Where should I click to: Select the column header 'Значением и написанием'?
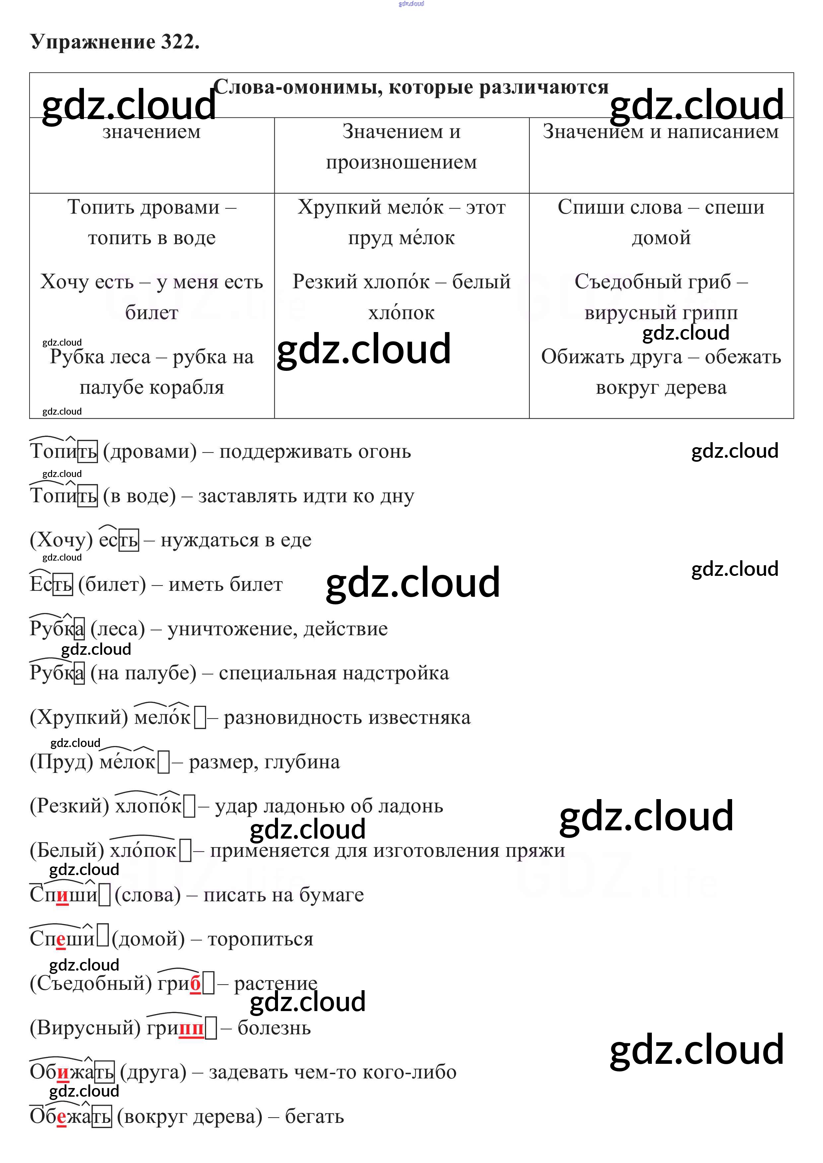pos(661,132)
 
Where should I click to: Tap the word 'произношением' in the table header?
pos(401,162)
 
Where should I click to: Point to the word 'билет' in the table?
pos(152,313)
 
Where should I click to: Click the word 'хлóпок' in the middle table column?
pos(401,313)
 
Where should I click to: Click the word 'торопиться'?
pos(260,939)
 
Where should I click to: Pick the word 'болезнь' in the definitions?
pos(274,1028)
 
